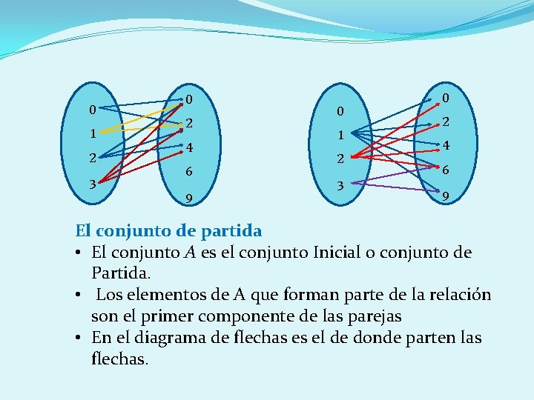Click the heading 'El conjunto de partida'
[169, 231]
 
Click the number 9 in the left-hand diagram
[190, 199]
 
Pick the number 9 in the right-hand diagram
[445, 198]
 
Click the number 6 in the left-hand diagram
[189, 171]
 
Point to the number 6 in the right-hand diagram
[446, 170]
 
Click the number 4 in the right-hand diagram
[446, 146]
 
